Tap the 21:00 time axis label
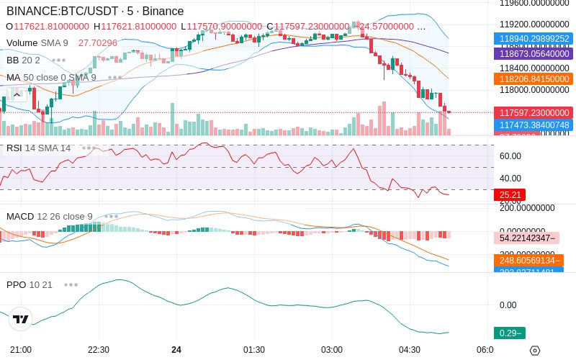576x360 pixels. coord(21,350)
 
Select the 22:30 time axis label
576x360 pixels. coord(99,350)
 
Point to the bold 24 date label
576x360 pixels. coord(176,350)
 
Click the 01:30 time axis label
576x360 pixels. coord(254,350)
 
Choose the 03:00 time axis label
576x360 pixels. coord(332,350)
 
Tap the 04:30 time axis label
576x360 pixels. coord(410,350)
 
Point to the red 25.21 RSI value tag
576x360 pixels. coord(510,194)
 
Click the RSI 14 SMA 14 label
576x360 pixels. coord(39,148)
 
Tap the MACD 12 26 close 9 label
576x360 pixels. coord(50,216)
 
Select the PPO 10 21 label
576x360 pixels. coord(30,284)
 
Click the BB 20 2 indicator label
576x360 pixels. coord(23,60)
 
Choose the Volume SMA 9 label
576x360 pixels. coord(37,42)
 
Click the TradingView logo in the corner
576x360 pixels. coord(21,319)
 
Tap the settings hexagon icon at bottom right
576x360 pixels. coord(534,351)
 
